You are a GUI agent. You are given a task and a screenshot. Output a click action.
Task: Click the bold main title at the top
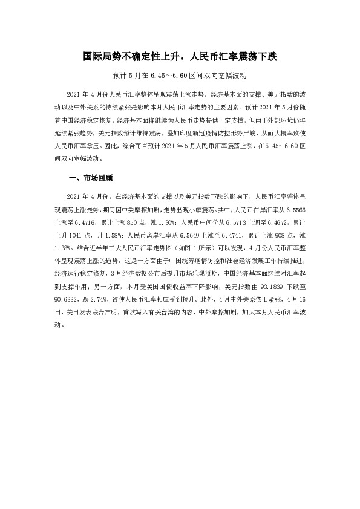click(180, 57)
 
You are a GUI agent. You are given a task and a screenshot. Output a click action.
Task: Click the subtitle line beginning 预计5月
click(180, 77)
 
